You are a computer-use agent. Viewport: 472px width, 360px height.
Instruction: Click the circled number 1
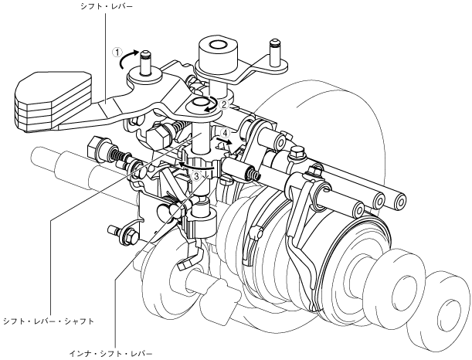tap(118, 54)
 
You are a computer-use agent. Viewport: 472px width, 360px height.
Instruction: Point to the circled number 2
tap(223, 103)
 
